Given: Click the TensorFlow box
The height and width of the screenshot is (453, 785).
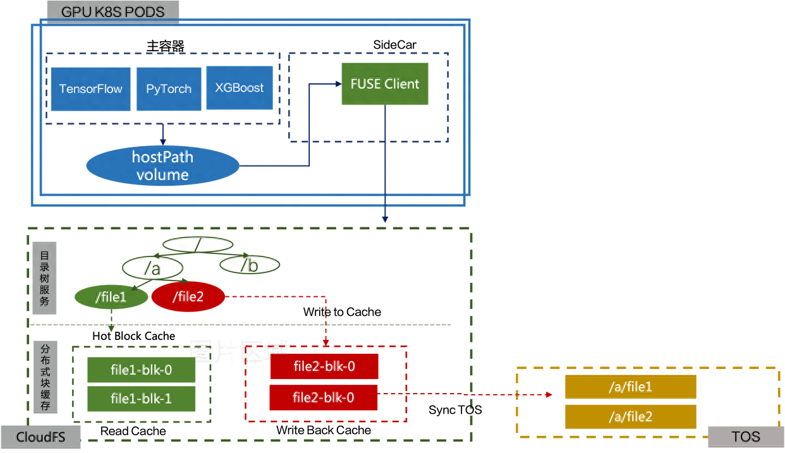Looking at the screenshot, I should pyautogui.click(x=90, y=88).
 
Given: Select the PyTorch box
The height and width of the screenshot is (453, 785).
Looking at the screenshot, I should pyautogui.click(x=168, y=88).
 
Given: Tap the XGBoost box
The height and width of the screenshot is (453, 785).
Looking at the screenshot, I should pyautogui.click(x=240, y=88).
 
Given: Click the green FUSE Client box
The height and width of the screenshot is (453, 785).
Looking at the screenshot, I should pyautogui.click(x=385, y=83).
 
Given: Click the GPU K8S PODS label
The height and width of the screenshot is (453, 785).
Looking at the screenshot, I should pyautogui.click(x=113, y=11).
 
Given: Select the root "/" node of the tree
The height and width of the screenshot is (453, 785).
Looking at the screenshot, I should pyautogui.click(x=197, y=244).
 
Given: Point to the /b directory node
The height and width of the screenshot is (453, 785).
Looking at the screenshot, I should pyautogui.click(x=249, y=265).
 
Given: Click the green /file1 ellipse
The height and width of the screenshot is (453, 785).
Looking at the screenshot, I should pyautogui.click(x=111, y=297).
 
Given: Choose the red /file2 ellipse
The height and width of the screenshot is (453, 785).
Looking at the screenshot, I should pyautogui.click(x=188, y=297).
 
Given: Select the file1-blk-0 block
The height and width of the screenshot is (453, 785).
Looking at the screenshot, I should pyautogui.click(x=141, y=370).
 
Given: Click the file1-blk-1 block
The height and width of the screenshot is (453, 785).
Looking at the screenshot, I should pyautogui.click(x=141, y=399).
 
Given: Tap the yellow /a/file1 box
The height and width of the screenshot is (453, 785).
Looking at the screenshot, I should pyautogui.click(x=630, y=387).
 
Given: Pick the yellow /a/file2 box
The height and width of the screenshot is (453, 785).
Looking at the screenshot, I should pyautogui.click(x=630, y=416).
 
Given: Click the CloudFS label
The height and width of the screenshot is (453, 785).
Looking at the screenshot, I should pyautogui.click(x=41, y=437).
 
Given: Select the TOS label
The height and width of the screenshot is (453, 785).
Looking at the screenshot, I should pyautogui.click(x=745, y=437).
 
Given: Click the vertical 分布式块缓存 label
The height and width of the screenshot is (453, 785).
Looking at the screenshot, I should pyautogui.click(x=44, y=378).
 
